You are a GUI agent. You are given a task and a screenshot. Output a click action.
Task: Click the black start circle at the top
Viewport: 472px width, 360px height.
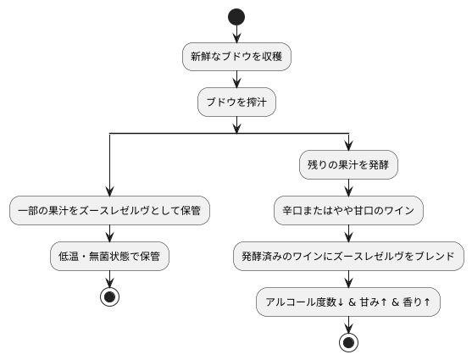point(236,17)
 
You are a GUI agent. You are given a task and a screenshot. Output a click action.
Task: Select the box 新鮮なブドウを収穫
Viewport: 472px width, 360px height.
point(236,58)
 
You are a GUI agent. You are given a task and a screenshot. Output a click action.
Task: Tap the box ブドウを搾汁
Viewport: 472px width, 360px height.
point(236,102)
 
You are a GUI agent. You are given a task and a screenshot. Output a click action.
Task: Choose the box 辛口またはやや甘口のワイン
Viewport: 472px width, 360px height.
point(348,210)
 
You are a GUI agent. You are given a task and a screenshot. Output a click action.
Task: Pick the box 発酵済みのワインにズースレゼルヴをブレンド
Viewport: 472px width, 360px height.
point(348,255)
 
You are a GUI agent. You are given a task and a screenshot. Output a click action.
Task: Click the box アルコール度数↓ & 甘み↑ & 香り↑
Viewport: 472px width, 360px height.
point(348,301)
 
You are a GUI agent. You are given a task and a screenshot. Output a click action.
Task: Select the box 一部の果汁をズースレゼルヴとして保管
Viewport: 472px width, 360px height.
point(109,210)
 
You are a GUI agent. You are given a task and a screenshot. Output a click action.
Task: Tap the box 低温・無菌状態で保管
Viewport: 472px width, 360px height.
point(109,255)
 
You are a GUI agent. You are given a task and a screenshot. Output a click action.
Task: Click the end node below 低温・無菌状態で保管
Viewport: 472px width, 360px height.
point(109,296)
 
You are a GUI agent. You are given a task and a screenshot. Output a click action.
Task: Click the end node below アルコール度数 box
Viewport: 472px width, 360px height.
point(348,342)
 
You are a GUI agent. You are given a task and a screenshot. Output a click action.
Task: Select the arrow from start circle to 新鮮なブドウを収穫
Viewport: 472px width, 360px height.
point(236,34)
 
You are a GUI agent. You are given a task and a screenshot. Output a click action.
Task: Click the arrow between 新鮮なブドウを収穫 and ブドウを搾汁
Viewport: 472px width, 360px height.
point(236,80)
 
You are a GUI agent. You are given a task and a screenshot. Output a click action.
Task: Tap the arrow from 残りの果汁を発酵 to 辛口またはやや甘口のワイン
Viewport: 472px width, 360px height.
point(348,188)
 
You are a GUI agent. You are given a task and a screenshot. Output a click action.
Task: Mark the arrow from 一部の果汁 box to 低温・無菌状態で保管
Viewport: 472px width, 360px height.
point(109,232)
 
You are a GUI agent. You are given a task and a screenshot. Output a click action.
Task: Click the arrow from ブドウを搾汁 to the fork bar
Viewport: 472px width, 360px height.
point(236,124)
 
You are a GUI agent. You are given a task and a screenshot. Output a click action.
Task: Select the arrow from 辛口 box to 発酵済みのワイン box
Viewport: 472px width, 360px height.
point(348,233)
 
